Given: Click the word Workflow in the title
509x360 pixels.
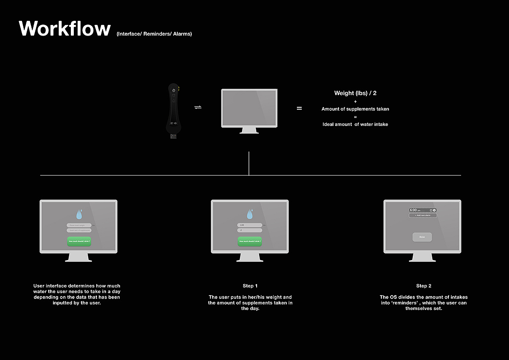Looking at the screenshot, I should coord(64,28).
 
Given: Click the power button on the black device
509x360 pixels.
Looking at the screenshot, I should coord(173,90).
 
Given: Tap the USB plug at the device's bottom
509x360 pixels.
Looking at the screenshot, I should coord(173,137).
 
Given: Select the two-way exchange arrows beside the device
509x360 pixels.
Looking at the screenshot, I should coord(198,107).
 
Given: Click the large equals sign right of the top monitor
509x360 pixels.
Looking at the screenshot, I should coord(299,109).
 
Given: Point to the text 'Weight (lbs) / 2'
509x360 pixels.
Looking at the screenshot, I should coord(355,93).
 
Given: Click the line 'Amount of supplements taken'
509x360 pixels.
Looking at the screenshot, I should coord(355,109).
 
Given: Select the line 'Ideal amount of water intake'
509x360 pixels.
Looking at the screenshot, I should coord(355,124).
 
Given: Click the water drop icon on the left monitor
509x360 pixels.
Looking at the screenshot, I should coord(79,215).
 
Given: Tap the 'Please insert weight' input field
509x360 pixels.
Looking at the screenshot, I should coord(79,225).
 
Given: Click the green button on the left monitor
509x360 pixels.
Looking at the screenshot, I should coord(79,241).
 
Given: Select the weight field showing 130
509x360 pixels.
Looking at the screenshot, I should coord(249,225).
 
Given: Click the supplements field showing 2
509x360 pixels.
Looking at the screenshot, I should coord(249,230).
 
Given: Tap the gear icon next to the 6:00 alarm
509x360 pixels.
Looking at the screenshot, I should coord(434,210).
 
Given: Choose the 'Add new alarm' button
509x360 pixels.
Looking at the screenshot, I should coord(422,215).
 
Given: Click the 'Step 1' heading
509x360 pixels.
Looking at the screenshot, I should coord(250,286).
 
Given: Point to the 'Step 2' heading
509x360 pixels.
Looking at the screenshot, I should coord(423,286).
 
